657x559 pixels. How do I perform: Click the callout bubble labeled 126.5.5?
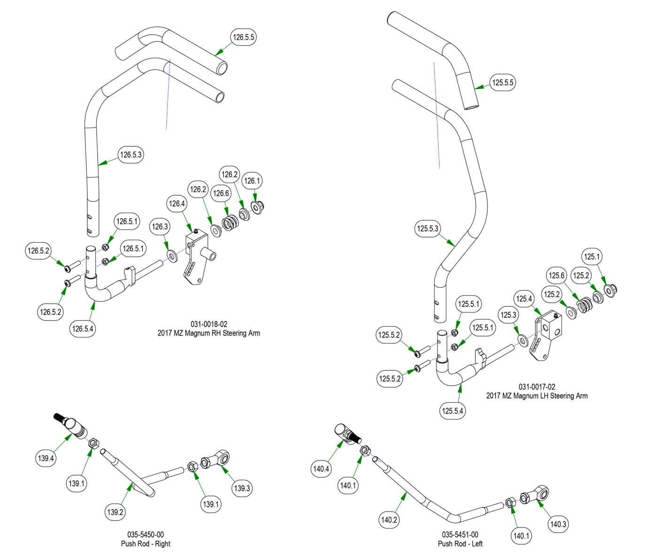(x=244, y=37)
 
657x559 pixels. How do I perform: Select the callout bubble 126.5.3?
(x=131, y=155)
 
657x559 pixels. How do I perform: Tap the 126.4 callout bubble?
(x=177, y=204)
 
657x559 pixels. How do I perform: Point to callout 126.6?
(x=221, y=193)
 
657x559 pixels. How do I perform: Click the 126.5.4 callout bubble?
(x=83, y=329)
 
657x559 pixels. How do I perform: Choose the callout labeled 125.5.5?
(x=503, y=83)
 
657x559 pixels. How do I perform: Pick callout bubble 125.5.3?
(x=428, y=229)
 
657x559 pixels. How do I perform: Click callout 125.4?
(x=524, y=299)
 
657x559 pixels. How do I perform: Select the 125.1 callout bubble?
(x=592, y=257)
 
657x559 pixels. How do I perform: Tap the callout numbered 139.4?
(x=46, y=458)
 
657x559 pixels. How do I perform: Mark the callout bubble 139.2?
(x=115, y=512)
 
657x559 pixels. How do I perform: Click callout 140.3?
(x=558, y=524)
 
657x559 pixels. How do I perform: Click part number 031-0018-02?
(x=209, y=324)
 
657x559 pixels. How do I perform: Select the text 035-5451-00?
(x=460, y=535)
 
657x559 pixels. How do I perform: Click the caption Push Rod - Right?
(x=145, y=544)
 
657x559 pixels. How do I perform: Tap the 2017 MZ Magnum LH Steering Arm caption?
(x=536, y=396)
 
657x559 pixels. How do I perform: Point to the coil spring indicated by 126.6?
(x=229, y=222)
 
